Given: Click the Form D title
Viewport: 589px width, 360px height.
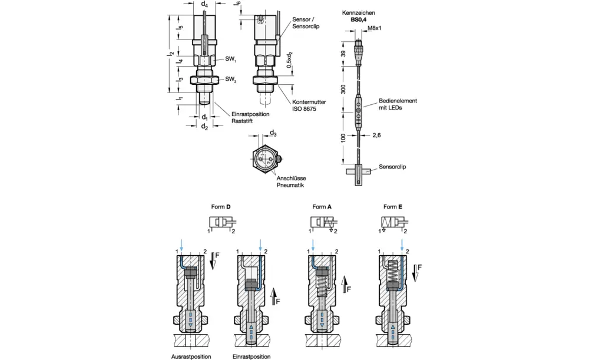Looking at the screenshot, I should tap(221, 207).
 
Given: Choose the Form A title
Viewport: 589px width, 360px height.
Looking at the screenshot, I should tap(322, 207).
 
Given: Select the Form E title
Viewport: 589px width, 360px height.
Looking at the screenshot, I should tap(393, 207).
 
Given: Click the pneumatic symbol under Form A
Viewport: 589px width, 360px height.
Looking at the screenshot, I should tap(322, 223).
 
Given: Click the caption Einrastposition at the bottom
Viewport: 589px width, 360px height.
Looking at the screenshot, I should tap(252, 356).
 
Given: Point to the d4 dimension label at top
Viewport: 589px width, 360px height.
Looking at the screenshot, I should tap(204, 5).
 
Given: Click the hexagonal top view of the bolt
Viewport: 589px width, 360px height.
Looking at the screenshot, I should tap(267, 158).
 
